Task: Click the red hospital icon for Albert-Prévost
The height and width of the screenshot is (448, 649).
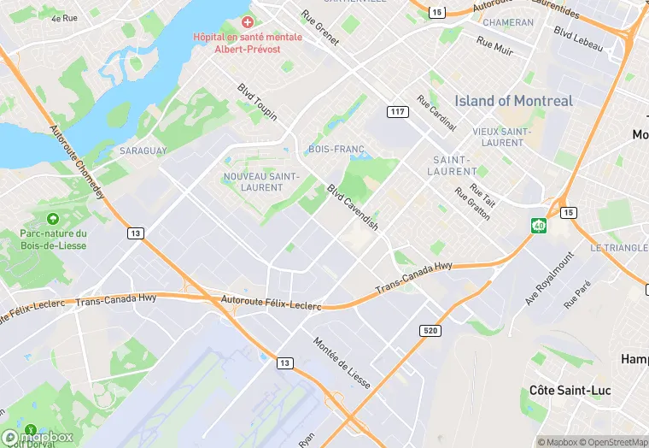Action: click(248, 21)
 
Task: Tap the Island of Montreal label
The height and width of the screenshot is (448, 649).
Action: click(513, 101)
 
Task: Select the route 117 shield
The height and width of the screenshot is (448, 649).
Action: click(397, 112)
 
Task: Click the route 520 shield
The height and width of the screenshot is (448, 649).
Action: click(430, 330)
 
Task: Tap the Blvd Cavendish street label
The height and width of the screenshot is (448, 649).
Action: click(353, 208)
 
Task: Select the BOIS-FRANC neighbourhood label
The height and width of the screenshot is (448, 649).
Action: click(331, 150)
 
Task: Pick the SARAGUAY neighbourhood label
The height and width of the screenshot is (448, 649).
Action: click(143, 150)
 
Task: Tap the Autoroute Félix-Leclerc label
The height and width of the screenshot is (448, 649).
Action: click(271, 303)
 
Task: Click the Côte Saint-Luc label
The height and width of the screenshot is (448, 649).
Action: click(565, 390)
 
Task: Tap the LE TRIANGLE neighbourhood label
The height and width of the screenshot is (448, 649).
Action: click(618, 248)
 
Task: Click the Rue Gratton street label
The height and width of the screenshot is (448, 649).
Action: click(472, 204)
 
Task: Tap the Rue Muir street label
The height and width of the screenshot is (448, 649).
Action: click(494, 46)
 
